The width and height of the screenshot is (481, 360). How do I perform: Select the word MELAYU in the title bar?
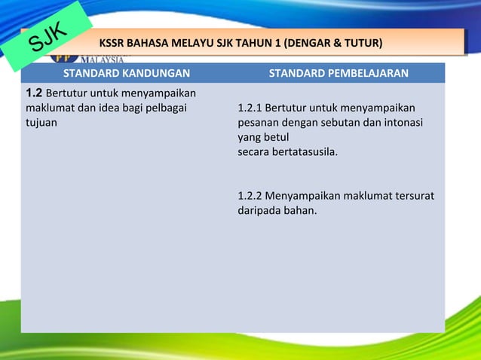tap(191, 41)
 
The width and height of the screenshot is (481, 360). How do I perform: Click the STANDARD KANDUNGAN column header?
tap(126, 73)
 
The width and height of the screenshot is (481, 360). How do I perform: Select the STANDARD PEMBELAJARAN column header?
tap(339, 73)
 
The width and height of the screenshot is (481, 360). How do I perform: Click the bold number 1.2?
tap(34, 93)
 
